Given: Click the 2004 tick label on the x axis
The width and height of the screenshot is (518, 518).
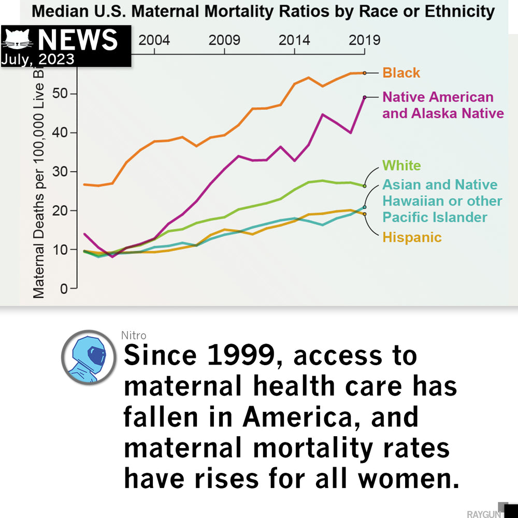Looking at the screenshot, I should click(154, 40).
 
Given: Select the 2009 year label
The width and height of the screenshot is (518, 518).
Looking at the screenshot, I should click(224, 40).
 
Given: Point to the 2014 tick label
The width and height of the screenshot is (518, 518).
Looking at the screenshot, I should click(294, 40).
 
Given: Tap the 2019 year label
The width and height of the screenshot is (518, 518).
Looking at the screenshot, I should click(364, 40).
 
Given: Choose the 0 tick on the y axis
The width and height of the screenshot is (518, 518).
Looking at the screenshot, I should click(65, 289).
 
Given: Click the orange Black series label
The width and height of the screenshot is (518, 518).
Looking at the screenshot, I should click(401, 73).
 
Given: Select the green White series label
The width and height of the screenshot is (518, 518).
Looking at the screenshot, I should click(401, 166).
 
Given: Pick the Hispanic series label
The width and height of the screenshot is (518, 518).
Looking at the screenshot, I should click(412, 238).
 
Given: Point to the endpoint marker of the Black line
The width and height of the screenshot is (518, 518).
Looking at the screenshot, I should click(365, 73).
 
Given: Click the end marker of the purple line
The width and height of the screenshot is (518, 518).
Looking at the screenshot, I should click(365, 97).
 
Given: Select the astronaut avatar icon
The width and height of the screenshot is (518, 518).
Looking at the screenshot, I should click(88, 357).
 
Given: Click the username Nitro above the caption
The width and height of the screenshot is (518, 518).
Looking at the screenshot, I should click(134, 336).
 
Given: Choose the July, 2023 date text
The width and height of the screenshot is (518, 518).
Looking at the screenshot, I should click(38, 59).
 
